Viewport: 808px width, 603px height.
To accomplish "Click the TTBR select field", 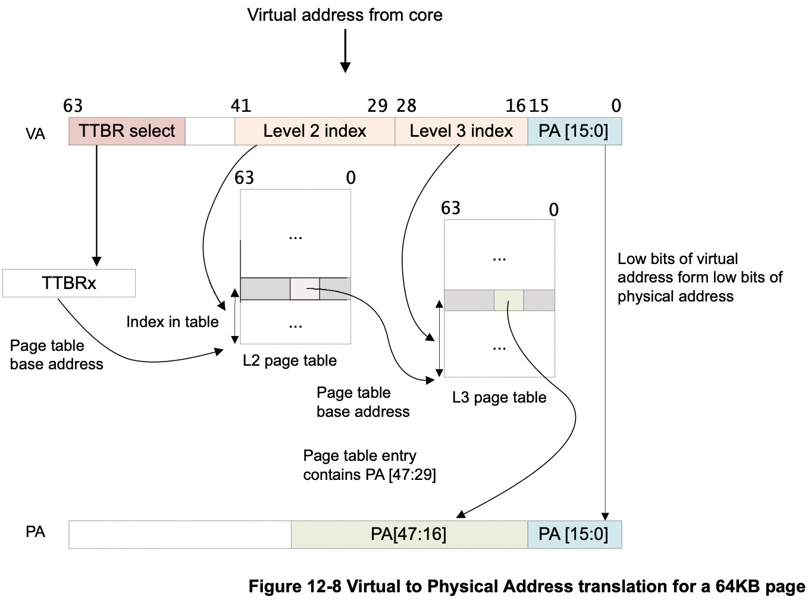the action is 127,131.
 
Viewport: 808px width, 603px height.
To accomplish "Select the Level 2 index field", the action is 315,131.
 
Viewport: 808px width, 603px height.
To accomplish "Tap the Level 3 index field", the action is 461,131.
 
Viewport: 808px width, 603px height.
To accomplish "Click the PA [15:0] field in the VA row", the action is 575,131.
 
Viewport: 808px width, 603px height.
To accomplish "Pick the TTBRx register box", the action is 69,283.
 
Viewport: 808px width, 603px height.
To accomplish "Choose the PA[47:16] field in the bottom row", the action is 409,534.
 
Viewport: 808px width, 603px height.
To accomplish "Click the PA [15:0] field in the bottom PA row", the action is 575,534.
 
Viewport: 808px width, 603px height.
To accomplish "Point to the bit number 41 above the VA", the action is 241,106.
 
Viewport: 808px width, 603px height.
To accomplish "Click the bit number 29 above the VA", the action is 377,106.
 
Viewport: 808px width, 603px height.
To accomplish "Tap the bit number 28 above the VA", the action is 406,106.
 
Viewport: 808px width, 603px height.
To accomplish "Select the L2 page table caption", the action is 290,360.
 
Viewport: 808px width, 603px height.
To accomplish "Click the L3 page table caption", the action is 499,397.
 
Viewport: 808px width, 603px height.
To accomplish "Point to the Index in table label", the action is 173,322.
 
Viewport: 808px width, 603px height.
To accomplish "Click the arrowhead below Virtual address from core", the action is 345,68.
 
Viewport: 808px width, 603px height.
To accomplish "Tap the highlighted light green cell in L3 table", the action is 509,300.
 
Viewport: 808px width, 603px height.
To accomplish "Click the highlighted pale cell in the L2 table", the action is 305,289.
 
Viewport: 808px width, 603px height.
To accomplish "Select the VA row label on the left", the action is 35,134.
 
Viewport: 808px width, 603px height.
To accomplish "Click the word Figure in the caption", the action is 275,586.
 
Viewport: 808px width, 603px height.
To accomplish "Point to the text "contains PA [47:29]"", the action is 369,475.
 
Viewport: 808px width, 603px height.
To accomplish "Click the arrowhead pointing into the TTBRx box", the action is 96,261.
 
